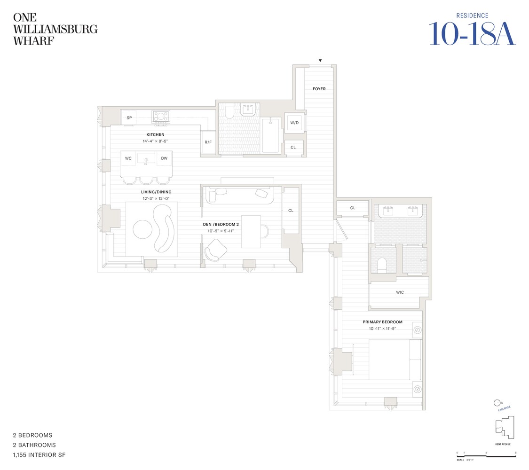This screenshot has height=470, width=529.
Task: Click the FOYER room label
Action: click(319, 89)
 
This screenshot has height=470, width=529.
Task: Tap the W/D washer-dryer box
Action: click(294, 123)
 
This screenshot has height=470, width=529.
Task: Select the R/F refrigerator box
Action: click(208, 142)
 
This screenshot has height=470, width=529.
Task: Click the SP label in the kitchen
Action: click(129, 118)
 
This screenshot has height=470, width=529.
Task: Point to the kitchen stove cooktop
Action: click(161, 117)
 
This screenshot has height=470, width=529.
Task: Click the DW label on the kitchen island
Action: click(164, 159)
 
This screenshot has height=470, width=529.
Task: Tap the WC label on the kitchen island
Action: click(128, 159)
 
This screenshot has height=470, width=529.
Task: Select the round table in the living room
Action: click(143, 229)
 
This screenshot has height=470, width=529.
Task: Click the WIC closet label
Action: click(400, 292)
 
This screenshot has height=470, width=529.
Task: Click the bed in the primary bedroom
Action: click(395, 360)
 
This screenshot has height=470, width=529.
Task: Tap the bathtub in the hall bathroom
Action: click(270, 135)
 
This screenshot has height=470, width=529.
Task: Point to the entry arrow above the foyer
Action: click(320, 61)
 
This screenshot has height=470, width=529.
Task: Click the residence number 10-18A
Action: click(472, 34)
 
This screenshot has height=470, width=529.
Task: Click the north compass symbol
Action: click(497, 403)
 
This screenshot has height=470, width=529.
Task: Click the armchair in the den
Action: click(215, 250)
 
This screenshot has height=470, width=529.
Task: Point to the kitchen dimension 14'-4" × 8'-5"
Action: click(155, 141)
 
